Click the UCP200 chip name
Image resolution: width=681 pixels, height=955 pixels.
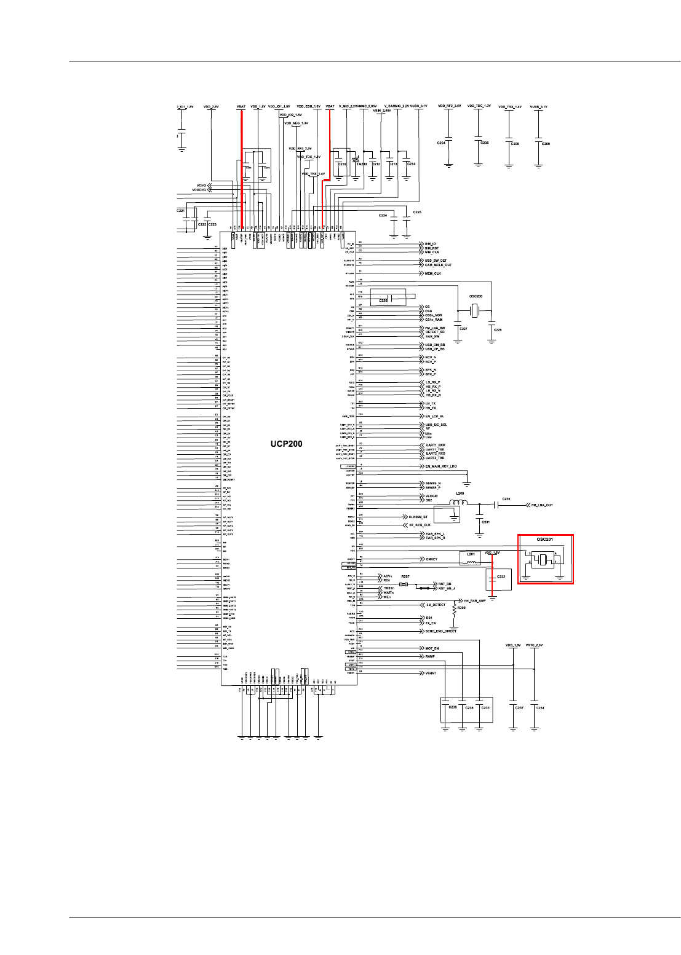coord(286,444)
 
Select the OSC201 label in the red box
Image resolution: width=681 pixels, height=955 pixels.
coord(544,540)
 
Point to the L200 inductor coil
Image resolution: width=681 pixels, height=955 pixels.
coord(458,503)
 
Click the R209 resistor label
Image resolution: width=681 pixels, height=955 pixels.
coord(461,608)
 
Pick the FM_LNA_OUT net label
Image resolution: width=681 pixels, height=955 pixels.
coord(541,505)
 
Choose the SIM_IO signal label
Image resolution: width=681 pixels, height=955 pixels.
coord(430,243)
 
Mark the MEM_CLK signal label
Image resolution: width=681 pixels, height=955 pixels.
coord(432,273)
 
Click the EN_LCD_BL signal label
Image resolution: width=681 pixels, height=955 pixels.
coord(434,416)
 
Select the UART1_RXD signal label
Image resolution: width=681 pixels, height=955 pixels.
coord(435,445)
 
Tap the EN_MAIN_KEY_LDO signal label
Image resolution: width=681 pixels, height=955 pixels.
coord(441,466)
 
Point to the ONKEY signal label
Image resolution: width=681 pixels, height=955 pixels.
coord(431,559)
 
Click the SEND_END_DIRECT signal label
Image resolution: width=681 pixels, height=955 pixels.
coord(440,631)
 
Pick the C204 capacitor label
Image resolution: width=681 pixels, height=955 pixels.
coord(441,143)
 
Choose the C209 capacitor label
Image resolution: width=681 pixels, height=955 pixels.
coord(546,144)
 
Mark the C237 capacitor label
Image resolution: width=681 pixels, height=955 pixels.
coord(519,708)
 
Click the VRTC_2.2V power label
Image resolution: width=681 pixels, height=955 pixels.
coord(535,645)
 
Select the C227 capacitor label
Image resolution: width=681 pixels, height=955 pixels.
coord(463,329)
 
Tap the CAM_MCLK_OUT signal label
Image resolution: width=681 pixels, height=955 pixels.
coord(438,265)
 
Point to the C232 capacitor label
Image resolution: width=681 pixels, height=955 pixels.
coord(501,577)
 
